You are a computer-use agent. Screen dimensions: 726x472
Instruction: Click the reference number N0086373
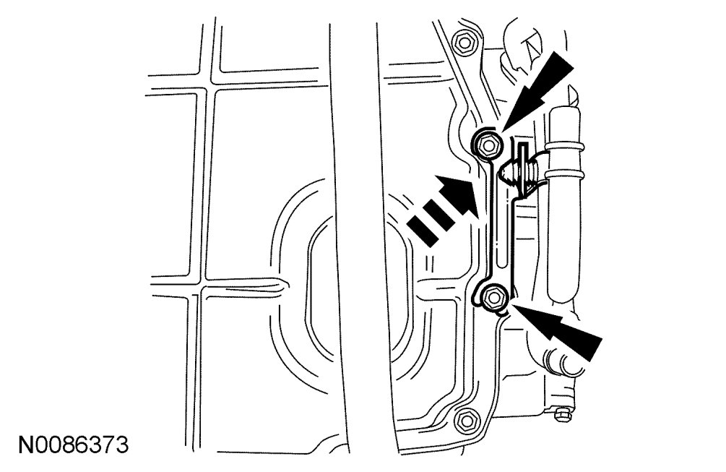tap(73, 445)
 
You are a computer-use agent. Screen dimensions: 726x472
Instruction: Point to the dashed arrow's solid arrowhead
tap(459, 195)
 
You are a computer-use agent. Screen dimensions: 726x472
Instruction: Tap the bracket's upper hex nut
tap(486, 146)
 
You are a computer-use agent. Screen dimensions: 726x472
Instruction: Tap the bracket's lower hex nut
tap(493, 298)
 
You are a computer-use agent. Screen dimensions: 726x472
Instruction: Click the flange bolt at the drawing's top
tap(463, 43)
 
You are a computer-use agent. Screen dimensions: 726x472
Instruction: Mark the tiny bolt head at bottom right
tap(563, 414)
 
